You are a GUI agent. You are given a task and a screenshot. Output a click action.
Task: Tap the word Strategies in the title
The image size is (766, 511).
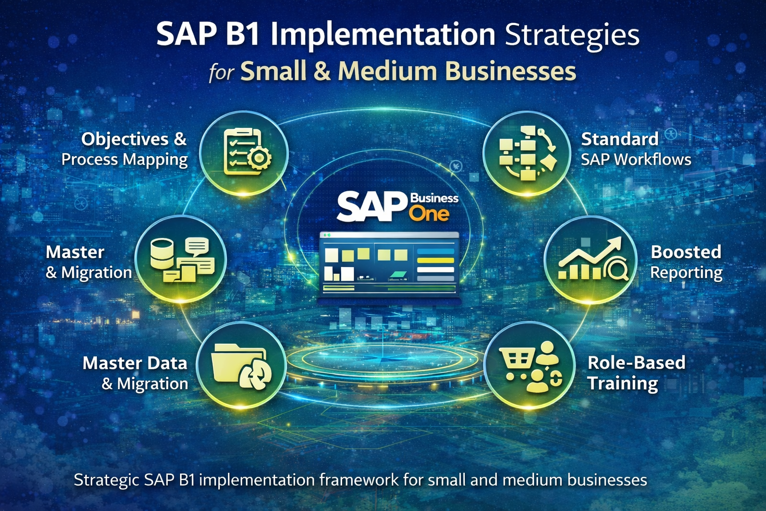pyautogui.click(x=572, y=36)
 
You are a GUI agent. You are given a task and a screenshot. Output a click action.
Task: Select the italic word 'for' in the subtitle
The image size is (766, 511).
pyautogui.click(x=221, y=73)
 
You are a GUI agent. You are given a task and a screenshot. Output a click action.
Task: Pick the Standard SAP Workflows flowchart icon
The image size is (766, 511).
pyautogui.click(x=527, y=153)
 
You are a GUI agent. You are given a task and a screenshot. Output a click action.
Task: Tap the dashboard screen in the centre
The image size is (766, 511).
pyautogui.click(x=389, y=264)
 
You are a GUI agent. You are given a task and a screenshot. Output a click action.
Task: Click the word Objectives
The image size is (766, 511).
pyautogui.click(x=125, y=139)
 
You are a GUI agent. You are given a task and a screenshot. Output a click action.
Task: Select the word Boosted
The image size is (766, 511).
pyautogui.click(x=686, y=252)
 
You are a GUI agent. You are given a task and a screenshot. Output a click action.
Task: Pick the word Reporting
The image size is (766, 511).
pyautogui.click(x=686, y=273)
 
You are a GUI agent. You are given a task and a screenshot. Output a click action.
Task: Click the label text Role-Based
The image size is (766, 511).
pyautogui.click(x=636, y=363)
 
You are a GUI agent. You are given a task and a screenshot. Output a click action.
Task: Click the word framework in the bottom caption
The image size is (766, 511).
pyautogui.click(x=359, y=480)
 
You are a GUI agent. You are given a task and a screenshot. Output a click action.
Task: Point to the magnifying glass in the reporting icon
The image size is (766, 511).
pyautogui.click(x=617, y=270)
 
